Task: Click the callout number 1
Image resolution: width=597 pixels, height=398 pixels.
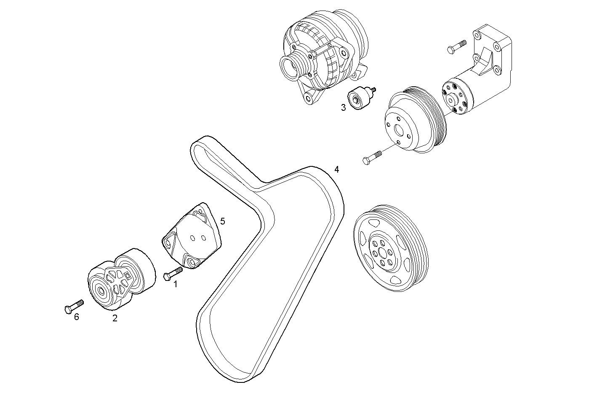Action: (x=176, y=284)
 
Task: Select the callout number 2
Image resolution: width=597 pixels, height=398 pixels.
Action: (x=115, y=318)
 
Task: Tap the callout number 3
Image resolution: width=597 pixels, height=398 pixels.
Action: (x=343, y=107)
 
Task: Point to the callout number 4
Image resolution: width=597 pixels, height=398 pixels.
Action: (x=336, y=169)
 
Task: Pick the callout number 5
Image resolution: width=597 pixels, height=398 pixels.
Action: (x=222, y=221)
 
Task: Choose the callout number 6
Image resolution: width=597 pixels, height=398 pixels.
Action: (x=76, y=317)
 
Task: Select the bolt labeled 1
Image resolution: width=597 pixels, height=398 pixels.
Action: (x=172, y=273)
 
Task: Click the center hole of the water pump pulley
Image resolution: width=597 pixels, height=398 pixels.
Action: (x=399, y=129)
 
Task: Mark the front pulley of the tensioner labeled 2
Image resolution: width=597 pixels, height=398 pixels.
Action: (x=101, y=291)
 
